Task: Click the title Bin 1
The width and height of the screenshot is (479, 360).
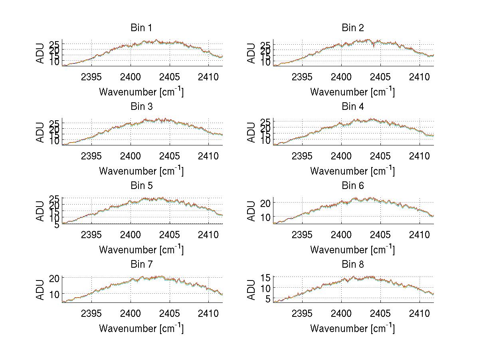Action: pyautogui.click(x=141, y=28)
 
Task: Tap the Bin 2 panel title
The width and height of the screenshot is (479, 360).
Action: pyautogui.click(x=352, y=28)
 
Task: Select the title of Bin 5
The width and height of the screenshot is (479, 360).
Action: pyautogui.click(x=141, y=186)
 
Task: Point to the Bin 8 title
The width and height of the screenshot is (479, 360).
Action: pyautogui.click(x=352, y=265)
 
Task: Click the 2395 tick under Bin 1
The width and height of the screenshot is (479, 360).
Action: pyautogui.click(x=92, y=77)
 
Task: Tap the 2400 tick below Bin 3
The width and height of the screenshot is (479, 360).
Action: pyautogui.click(x=131, y=155)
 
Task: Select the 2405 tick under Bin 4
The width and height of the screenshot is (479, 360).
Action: pyautogui.click(x=380, y=155)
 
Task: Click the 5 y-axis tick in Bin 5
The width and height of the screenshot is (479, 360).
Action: pyautogui.click(x=57, y=225)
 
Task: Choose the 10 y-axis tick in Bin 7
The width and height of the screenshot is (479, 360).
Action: pyautogui.click(x=55, y=294)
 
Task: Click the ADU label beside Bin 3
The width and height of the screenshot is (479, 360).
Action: pyautogui.click(x=41, y=132)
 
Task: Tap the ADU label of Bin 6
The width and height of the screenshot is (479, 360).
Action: pyautogui.click(x=251, y=211)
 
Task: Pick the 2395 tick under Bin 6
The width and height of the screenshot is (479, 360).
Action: pyautogui.click(x=303, y=235)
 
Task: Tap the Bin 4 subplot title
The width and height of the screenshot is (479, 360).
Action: pyautogui.click(x=352, y=107)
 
